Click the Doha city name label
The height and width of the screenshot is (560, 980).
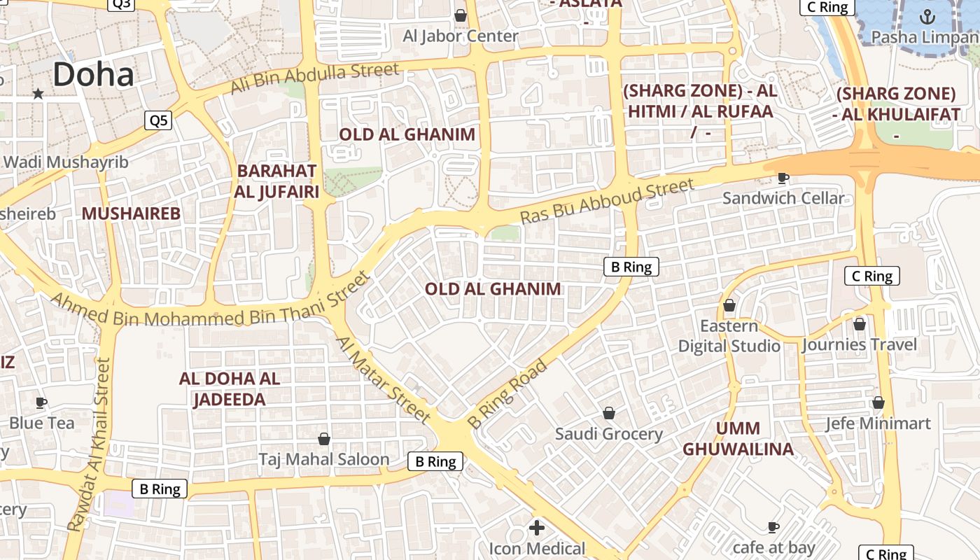pyautogui.click(x=93, y=75)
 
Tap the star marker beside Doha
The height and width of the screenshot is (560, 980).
pyautogui.click(x=38, y=93)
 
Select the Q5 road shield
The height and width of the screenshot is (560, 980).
pyautogui.click(x=159, y=120)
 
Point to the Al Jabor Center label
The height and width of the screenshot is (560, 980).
pyautogui.click(x=461, y=36)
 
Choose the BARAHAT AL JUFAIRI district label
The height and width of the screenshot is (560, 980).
pyautogui.click(x=277, y=181)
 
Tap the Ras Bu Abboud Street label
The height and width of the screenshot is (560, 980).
pyautogui.click(x=607, y=201)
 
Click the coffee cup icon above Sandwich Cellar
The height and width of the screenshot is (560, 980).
pyautogui.click(x=783, y=178)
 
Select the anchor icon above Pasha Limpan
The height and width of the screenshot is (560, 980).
pyautogui.click(x=927, y=16)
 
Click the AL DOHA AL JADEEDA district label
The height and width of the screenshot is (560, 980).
pyautogui.click(x=230, y=389)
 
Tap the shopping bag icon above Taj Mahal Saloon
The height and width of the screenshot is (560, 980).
pyautogui.click(x=324, y=439)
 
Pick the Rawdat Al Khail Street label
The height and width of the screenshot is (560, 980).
pyautogui.click(x=88, y=444)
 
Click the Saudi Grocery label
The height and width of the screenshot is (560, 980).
pyautogui.click(x=608, y=434)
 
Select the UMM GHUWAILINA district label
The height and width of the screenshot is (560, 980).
pyautogui.click(x=738, y=439)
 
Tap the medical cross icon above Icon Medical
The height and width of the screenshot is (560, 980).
pyautogui.click(x=537, y=528)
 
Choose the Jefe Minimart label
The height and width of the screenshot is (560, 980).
pyautogui.click(x=878, y=423)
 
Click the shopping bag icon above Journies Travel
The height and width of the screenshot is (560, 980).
pyautogui.click(x=860, y=324)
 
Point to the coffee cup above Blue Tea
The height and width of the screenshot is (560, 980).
pyautogui.click(x=41, y=402)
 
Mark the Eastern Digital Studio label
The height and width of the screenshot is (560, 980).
pyautogui.click(x=729, y=336)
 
